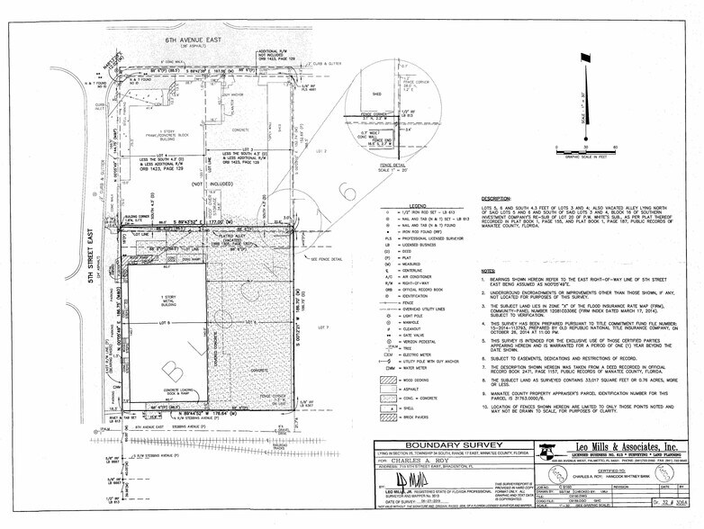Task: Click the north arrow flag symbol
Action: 587,59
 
